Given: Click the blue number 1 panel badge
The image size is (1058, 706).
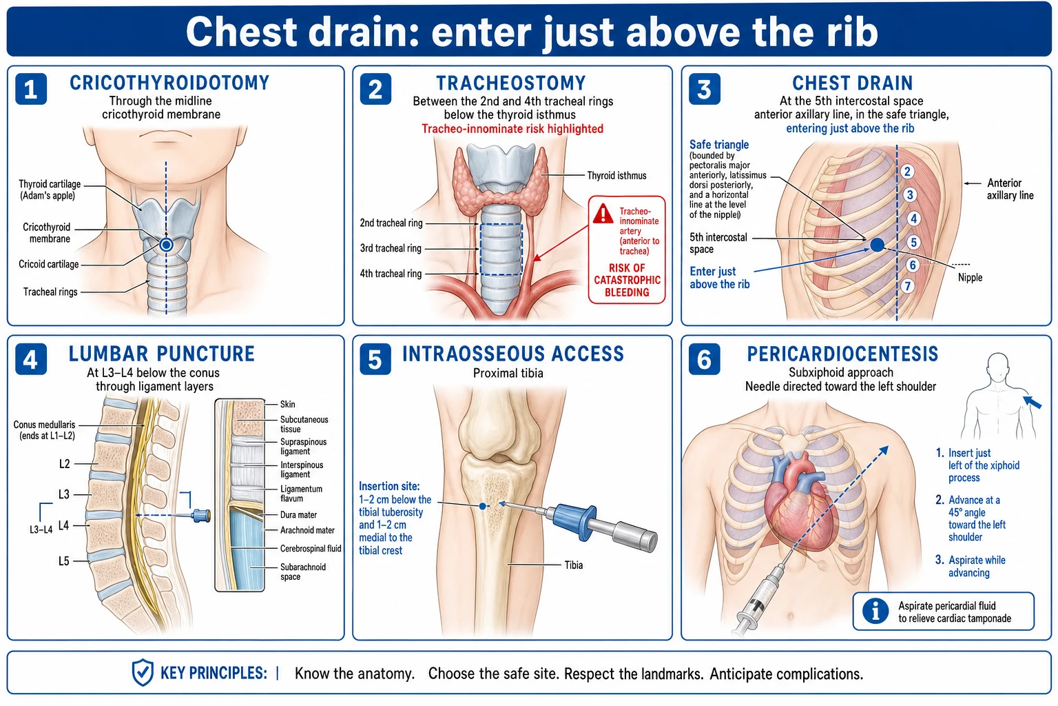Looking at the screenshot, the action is [x=31, y=89].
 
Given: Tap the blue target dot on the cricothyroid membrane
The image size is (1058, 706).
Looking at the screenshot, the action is [x=166, y=245].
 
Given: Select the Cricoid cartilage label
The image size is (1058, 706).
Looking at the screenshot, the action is [x=49, y=264].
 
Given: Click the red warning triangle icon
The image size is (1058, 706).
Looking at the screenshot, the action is [x=603, y=214].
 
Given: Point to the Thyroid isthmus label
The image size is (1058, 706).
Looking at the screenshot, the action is [x=616, y=175].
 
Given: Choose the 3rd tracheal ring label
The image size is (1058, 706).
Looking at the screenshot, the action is [x=391, y=248].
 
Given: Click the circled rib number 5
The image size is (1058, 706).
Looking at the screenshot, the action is [x=913, y=243].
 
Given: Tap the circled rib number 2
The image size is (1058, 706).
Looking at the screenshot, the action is [x=907, y=171].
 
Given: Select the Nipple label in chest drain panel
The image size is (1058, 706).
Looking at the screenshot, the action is [x=970, y=278].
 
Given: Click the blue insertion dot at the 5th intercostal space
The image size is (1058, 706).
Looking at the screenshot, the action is [x=877, y=245].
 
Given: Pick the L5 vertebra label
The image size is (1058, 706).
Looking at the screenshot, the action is [x=64, y=561].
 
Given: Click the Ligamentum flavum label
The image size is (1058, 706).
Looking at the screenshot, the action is [x=301, y=494].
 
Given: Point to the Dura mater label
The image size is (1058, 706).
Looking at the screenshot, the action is [x=298, y=515].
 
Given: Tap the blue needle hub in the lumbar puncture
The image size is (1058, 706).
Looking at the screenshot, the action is [x=201, y=516].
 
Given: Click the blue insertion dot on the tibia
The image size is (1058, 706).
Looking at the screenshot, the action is [x=482, y=506].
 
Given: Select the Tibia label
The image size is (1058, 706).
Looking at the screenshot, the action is [x=573, y=565].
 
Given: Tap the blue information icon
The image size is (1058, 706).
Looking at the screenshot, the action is [x=875, y=611].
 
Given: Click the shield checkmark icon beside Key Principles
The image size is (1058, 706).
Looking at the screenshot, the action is [x=143, y=672].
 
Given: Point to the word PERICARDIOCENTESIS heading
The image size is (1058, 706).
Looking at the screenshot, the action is [x=842, y=354].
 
